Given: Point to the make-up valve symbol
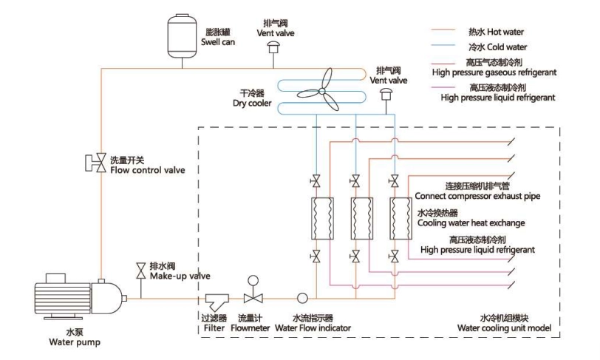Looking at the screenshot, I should pyautogui.click(x=140, y=270).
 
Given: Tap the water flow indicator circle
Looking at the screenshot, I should pyautogui.click(x=301, y=298).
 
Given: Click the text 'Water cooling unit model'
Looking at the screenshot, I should pyautogui.click(x=501, y=327).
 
